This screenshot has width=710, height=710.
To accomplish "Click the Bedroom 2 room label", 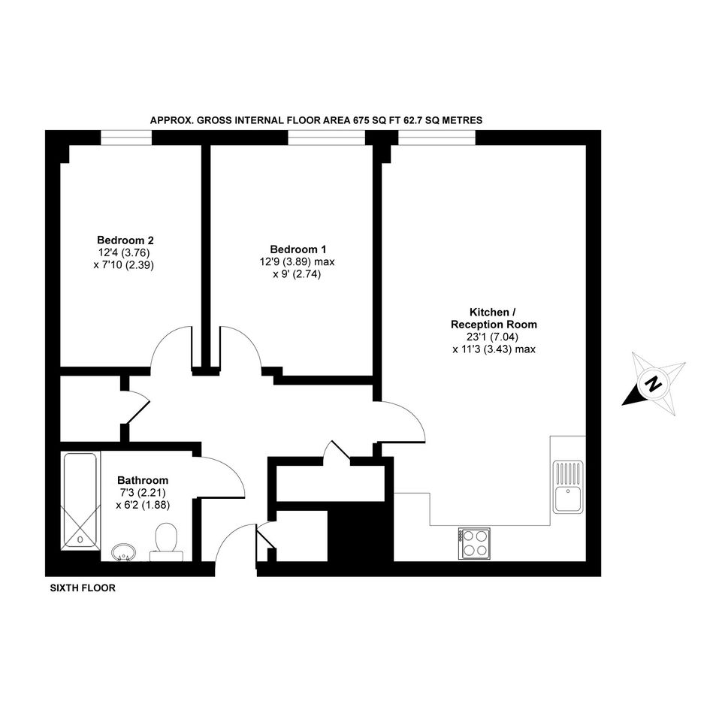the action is pos(125,240).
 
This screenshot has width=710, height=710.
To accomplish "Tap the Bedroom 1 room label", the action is pos(298,249).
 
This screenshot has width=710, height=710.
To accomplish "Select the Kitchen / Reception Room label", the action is pos(494,319).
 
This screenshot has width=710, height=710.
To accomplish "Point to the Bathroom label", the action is pos(143,480).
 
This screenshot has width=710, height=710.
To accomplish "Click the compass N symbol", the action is pos(654,384).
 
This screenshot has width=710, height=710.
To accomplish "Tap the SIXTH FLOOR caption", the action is pos(83,588).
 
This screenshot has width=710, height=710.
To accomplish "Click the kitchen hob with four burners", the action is pos(474,544).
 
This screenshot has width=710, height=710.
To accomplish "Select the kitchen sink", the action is pos(568,487).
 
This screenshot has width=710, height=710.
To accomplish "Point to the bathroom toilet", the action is pos(166,542).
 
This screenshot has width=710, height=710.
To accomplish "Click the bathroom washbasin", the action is pos(123,552).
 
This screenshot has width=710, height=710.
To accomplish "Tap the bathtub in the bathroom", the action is pos(80,501).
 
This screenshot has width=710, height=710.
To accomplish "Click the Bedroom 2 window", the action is pos(126,137).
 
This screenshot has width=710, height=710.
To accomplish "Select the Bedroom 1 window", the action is pos(327,137).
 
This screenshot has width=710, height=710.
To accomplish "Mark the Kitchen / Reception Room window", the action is pos(437,137).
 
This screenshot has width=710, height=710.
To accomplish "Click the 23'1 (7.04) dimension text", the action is pos(492,337).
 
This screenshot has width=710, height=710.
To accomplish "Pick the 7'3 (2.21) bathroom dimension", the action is pos(143,492).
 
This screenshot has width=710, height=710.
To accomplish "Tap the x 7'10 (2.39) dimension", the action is pos(124,265).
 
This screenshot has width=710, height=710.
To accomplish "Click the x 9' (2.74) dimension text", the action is pos(297,274).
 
